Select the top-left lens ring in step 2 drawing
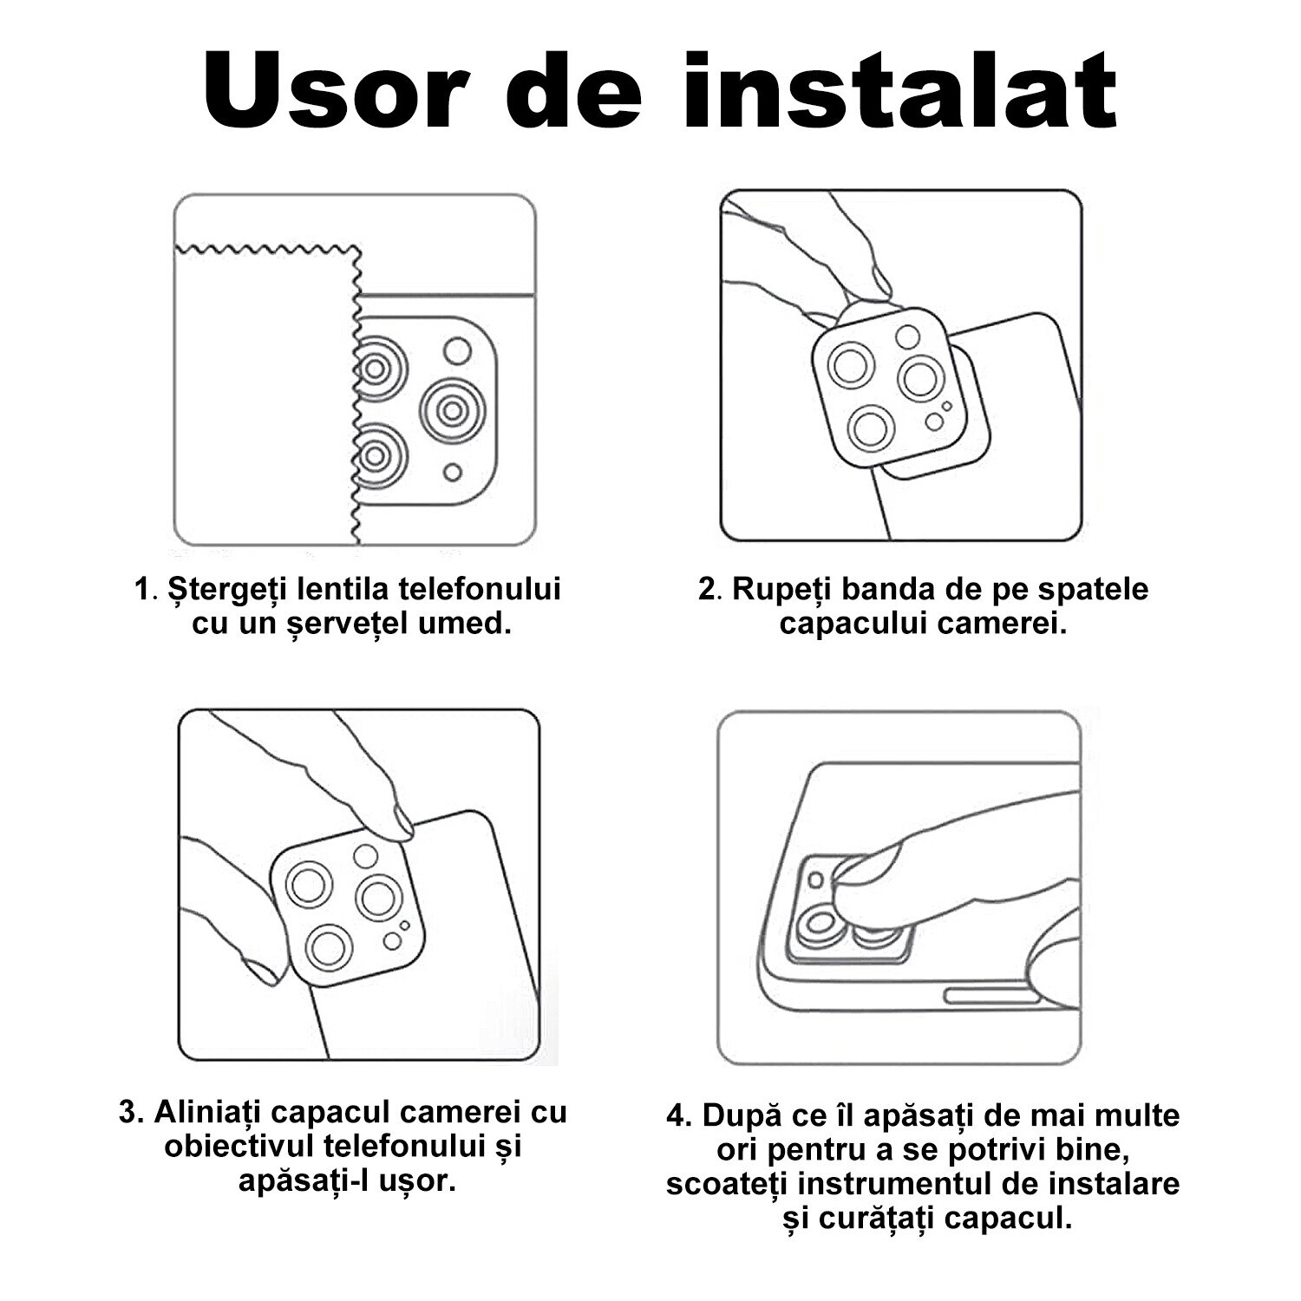pyautogui.click(x=850, y=366)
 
